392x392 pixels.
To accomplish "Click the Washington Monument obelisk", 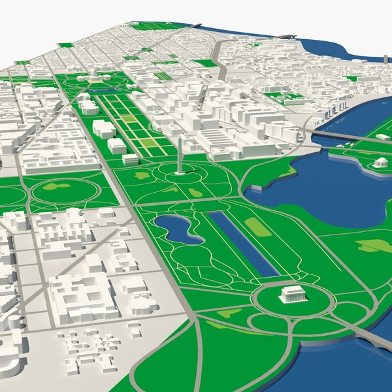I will (x=180, y=157).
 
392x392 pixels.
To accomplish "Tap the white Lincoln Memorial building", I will (x=293, y=295).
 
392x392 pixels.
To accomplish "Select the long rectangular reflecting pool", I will (x=244, y=242).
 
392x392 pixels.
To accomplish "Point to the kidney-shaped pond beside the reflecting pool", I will (x=178, y=229).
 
